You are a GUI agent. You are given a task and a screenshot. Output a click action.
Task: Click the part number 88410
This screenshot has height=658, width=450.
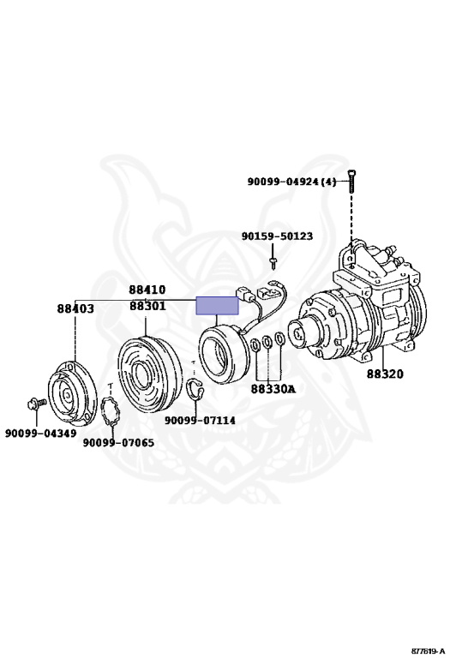147,290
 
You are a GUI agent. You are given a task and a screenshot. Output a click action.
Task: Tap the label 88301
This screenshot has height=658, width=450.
147,306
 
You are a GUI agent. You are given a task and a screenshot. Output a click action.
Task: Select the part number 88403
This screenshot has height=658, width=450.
75,308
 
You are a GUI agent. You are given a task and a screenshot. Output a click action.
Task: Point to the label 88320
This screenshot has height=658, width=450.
385,374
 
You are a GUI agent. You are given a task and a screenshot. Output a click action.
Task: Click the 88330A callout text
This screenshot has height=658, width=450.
273,389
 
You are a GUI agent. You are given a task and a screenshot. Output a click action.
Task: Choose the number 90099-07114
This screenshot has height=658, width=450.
200,420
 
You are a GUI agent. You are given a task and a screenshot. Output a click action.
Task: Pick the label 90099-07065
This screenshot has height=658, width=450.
118,442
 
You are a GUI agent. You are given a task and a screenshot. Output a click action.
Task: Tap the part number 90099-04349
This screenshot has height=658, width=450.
41,433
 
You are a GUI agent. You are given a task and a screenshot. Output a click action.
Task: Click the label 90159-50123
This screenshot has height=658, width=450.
277,236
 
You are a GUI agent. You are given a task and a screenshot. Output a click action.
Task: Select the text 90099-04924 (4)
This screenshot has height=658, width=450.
291,182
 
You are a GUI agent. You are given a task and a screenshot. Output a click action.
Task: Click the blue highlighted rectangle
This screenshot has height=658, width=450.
218,306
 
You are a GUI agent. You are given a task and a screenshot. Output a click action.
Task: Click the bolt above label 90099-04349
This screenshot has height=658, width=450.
37,404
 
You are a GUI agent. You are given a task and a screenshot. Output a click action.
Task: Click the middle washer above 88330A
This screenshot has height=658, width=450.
267,342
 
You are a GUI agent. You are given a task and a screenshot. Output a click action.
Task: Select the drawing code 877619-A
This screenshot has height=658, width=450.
428,651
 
